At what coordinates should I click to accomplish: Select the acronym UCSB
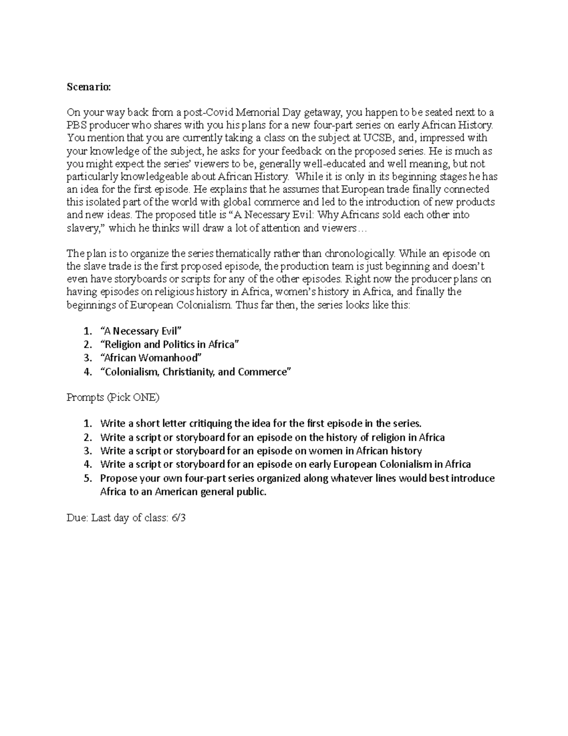point(379,138)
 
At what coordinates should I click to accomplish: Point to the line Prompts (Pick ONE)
point(113,397)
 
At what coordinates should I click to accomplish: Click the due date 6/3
point(179,518)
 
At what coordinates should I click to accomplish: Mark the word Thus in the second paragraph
point(245,305)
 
